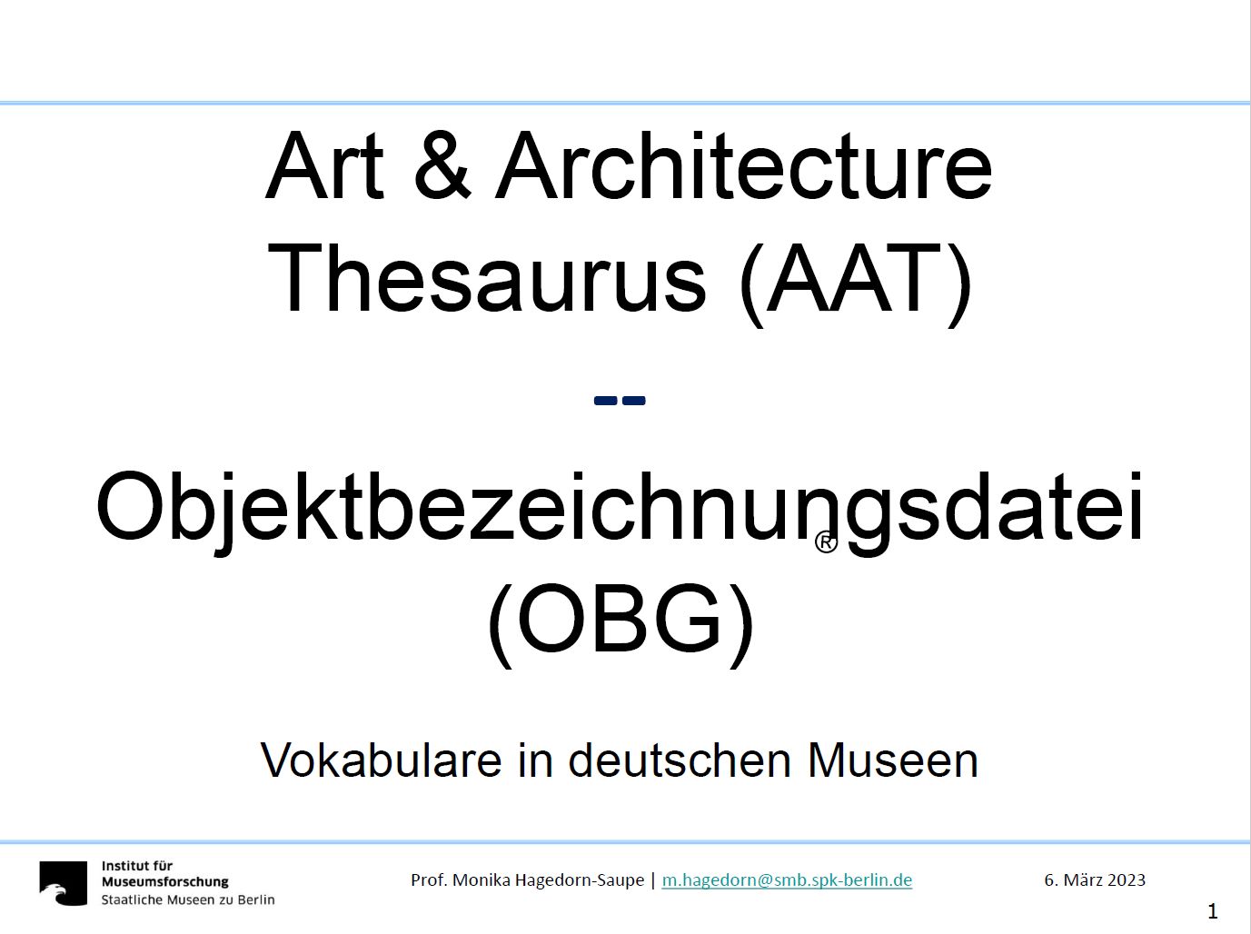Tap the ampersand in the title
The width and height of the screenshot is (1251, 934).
(x=442, y=166)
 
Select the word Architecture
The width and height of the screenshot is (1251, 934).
(x=744, y=166)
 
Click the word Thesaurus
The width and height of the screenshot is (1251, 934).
(x=488, y=278)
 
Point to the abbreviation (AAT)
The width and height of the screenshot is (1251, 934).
(x=856, y=283)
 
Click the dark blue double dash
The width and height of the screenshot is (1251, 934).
(x=620, y=401)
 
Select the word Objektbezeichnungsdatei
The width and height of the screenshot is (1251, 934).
(x=621, y=512)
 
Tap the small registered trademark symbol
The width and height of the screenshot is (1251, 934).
(x=826, y=542)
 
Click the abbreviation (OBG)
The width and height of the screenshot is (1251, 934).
(x=621, y=624)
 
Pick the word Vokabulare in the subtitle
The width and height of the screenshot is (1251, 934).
(x=381, y=760)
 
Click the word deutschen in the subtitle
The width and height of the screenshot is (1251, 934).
(x=680, y=760)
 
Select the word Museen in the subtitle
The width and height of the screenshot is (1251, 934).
(x=893, y=760)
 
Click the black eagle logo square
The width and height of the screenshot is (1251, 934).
(x=64, y=883)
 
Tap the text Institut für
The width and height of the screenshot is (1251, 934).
(x=137, y=866)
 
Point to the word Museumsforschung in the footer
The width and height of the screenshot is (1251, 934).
(x=164, y=882)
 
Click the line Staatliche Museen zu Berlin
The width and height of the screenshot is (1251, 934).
(x=188, y=899)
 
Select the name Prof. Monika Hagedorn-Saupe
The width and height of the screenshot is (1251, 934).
(x=527, y=880)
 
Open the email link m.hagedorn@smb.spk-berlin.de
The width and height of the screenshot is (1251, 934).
(x=787, y=880)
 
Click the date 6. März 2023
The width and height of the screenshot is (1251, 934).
(x=1095, y=879)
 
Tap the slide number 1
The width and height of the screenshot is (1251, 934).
(x=1213, y=911)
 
